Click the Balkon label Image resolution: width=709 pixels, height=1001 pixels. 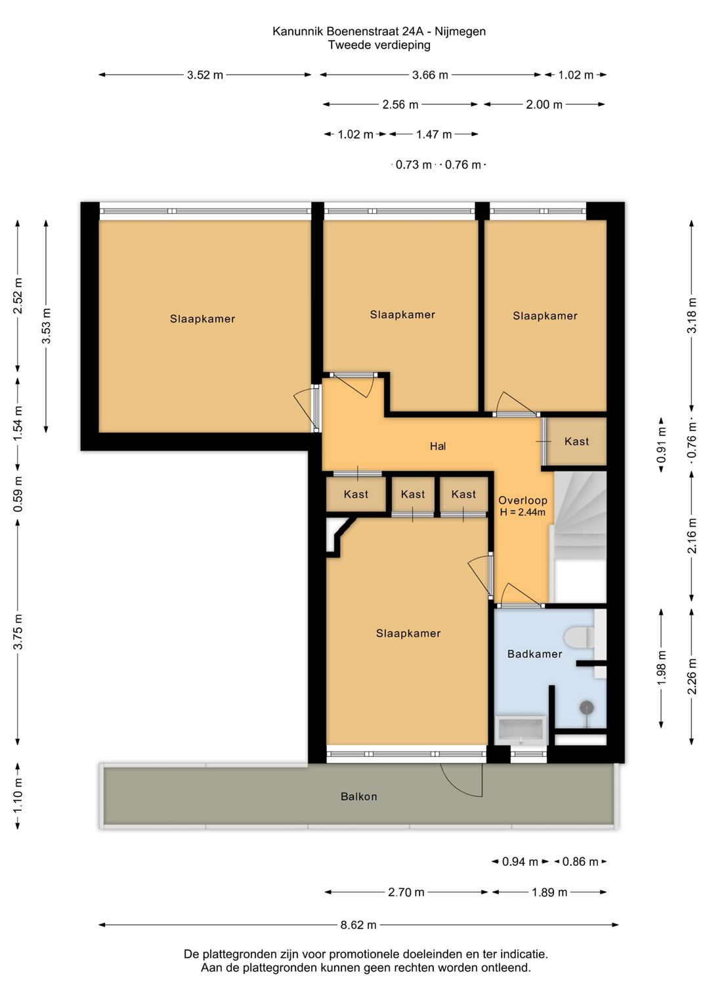tap(358, 796)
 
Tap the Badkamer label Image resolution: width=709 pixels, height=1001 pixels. tap(534, 654)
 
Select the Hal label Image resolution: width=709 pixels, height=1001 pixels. tap(438, 446)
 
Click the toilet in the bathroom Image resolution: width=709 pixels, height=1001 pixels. tap(579, 637)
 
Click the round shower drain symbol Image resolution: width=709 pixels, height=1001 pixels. tap(587, 707)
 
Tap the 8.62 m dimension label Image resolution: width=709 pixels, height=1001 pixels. tap(358, 925)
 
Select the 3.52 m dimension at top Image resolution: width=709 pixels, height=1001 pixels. tap(205, 75)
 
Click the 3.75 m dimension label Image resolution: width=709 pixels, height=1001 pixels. tap(18, 632)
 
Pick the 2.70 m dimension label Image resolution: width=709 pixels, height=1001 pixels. tap(406, 892)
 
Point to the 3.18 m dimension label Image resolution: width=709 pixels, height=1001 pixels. tap(691, 315)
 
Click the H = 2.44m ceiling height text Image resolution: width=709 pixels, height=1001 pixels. tap(523, 512)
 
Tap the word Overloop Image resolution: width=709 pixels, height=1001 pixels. tap(523, 500)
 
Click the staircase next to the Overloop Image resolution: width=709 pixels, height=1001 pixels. tap(580, 537)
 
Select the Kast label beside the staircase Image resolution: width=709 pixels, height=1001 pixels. tap(576, 441)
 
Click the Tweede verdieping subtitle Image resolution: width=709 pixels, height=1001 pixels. tap(379, 45)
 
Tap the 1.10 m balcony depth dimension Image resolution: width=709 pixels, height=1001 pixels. tap(18, 796)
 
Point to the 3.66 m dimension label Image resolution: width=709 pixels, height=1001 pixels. tap(430, 75)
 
